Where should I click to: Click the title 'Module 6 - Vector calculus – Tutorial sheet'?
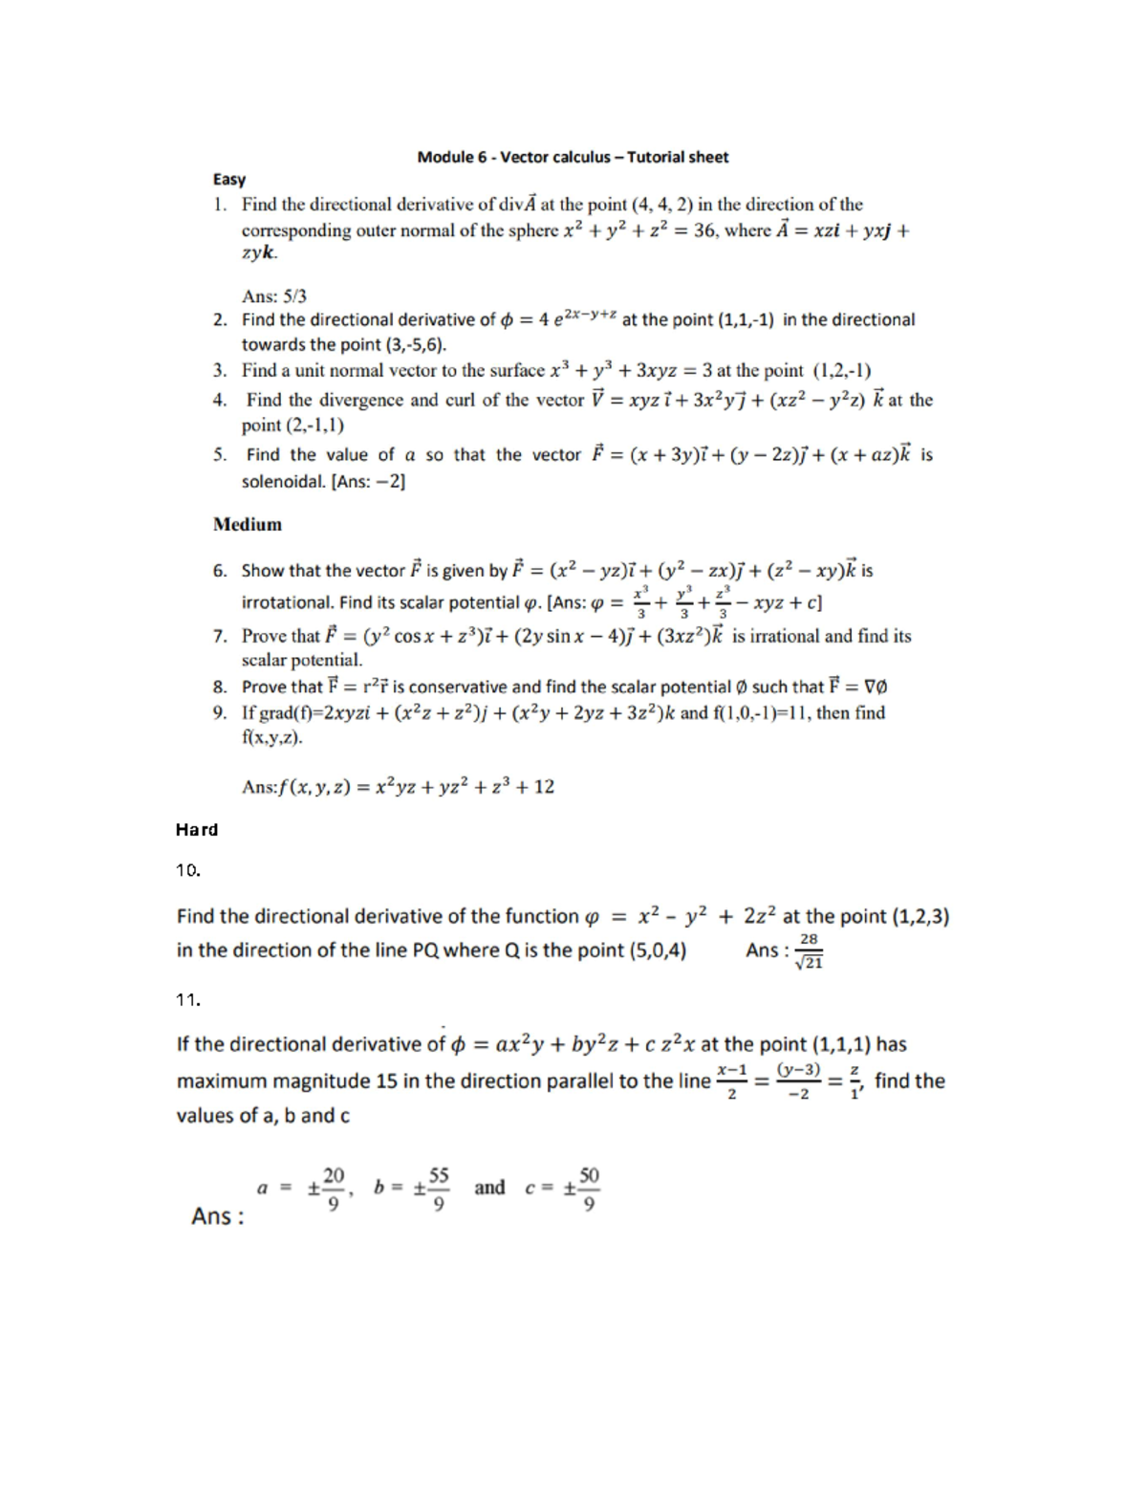click(x=573, y=157)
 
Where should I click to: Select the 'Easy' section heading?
click(x=229, y=179)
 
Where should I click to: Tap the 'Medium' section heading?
click(x=248, y=524)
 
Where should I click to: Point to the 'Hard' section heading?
click(x=197, y=829)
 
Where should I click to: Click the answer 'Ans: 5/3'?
click(x=274, y=296)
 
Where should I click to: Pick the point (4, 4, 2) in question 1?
click(x=661, y=204)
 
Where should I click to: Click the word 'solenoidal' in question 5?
click(x=283, y=481)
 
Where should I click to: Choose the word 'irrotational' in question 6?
click(x=288, y=602)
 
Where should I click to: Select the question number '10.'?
click(x=187, y=869)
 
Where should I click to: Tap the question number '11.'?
click(x=187, y=999)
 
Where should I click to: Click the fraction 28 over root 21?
click(x=809, y=951)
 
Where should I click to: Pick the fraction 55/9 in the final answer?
click(x=439, y=1189)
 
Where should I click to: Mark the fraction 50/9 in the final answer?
click(x=589, y=1189)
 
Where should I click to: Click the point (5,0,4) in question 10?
click(x=655, y=950)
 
